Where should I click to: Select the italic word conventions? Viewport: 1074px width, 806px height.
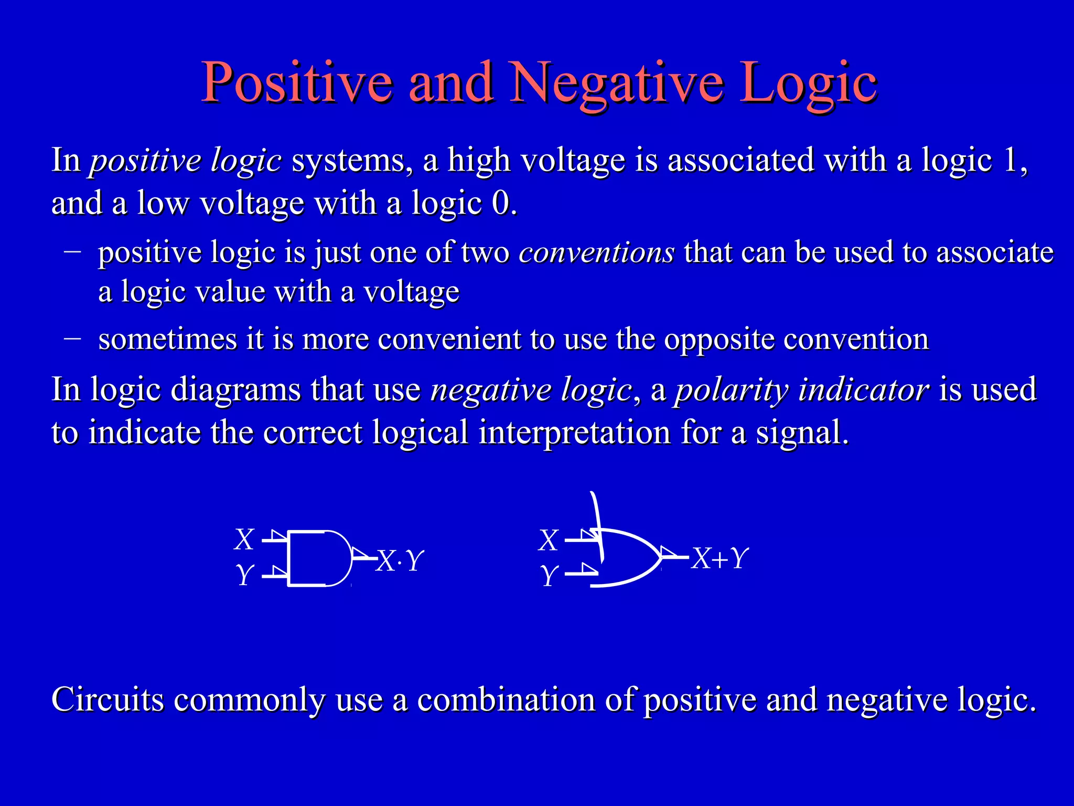(x=596, y=252)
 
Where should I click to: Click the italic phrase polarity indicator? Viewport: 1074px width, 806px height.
(x=802, y=390)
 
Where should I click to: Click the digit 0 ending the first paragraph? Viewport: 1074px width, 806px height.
(x=501, y=203)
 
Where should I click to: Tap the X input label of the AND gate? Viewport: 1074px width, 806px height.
(x=244, y=539)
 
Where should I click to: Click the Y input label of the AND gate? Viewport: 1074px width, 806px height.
(x=244, y=575)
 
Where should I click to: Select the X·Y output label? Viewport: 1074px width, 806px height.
(x=400, y=561)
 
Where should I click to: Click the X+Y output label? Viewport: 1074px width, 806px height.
(x=719, y=558)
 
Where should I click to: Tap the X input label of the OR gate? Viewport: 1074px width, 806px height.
(x=549, y=540)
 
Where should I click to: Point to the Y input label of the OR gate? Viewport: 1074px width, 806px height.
(x=549, y=576)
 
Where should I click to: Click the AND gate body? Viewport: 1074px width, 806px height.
(x=317, y=558)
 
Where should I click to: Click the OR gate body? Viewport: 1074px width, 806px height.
(x=627, y=558)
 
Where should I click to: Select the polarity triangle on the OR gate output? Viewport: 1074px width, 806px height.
(x=667, y=552)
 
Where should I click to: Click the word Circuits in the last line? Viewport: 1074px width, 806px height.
(x=108, y=699)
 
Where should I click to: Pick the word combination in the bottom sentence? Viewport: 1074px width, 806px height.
(x=506, y=699)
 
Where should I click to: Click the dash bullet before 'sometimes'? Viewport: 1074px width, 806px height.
(x=72, y=338)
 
